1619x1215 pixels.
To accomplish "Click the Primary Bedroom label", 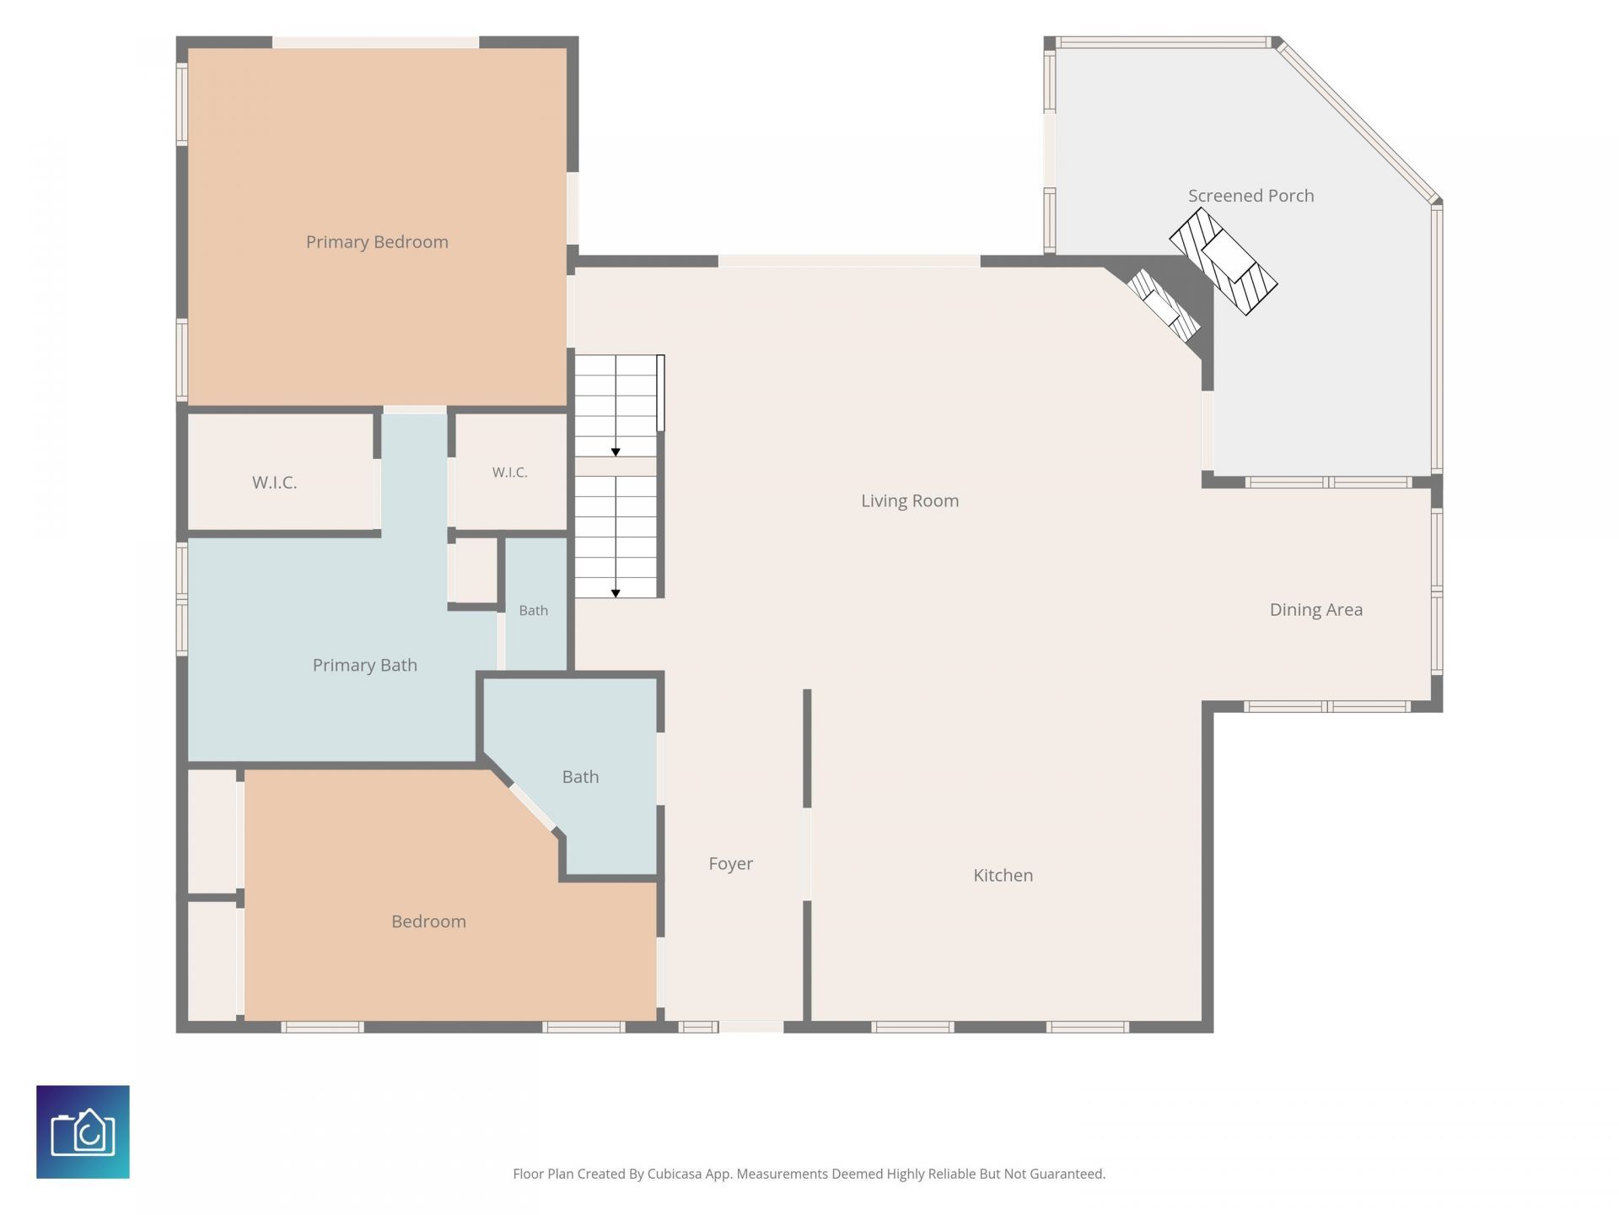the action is click(377, 242).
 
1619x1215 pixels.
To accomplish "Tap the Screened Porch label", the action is click(1251, 196).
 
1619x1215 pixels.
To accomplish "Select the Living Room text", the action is click(910, 501).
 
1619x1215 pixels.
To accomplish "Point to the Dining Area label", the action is click(1316, 610).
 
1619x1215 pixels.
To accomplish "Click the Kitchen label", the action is click(1003, 876).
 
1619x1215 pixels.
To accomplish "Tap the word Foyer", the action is click(731, 864).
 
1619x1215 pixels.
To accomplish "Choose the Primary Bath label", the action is click(365, 666).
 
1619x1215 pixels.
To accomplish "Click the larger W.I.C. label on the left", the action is click(275, 483).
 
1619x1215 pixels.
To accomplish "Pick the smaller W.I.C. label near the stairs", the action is click(510, 472).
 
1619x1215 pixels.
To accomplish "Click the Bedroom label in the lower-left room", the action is click(428, 921).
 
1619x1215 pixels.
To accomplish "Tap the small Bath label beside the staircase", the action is click(534, 611).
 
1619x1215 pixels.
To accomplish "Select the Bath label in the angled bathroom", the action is click(581, 777).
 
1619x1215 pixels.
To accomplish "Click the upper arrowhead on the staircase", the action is click(616, 453).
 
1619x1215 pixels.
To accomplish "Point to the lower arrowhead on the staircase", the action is click(616, 594).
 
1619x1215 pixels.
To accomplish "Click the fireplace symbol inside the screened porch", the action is click(1224, 262).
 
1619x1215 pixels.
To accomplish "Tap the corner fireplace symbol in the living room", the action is click(1164, 304).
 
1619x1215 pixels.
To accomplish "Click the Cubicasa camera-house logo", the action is click(83, 1132).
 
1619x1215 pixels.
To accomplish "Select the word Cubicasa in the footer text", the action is click(675, 1174).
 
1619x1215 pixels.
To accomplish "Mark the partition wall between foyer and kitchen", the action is click(807, 856).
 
